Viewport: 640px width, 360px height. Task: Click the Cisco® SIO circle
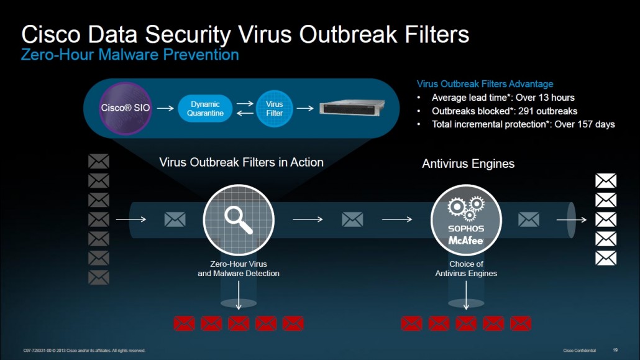click(126, 108)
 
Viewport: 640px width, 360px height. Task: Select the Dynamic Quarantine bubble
click(205, 109)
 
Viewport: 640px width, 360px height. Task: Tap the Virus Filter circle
click(274, 109)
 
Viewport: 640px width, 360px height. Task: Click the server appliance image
click(352, 108)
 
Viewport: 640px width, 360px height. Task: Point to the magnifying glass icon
click(239, 220)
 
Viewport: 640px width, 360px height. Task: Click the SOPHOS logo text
click(466, 229)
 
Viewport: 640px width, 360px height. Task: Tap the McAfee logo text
click(466, 240)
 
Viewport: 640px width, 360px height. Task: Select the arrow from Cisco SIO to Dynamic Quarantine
click(165, 108)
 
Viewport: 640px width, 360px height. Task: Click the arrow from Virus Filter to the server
click(305, 108)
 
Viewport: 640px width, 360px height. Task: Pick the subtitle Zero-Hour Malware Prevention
click(130, 55)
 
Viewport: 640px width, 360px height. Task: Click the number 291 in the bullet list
click(526, 111)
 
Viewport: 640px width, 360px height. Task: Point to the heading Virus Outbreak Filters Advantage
click(485, 84)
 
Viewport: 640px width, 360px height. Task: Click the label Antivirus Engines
click(468, 164)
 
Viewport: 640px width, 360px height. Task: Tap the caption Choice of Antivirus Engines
click(466, 269)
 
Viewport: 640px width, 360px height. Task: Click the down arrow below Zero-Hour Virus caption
click(239, 295)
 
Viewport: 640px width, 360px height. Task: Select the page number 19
click(615, 350)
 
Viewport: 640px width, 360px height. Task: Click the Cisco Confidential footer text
click(580, 351)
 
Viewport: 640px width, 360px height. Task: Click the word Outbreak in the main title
click(348, 34)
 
